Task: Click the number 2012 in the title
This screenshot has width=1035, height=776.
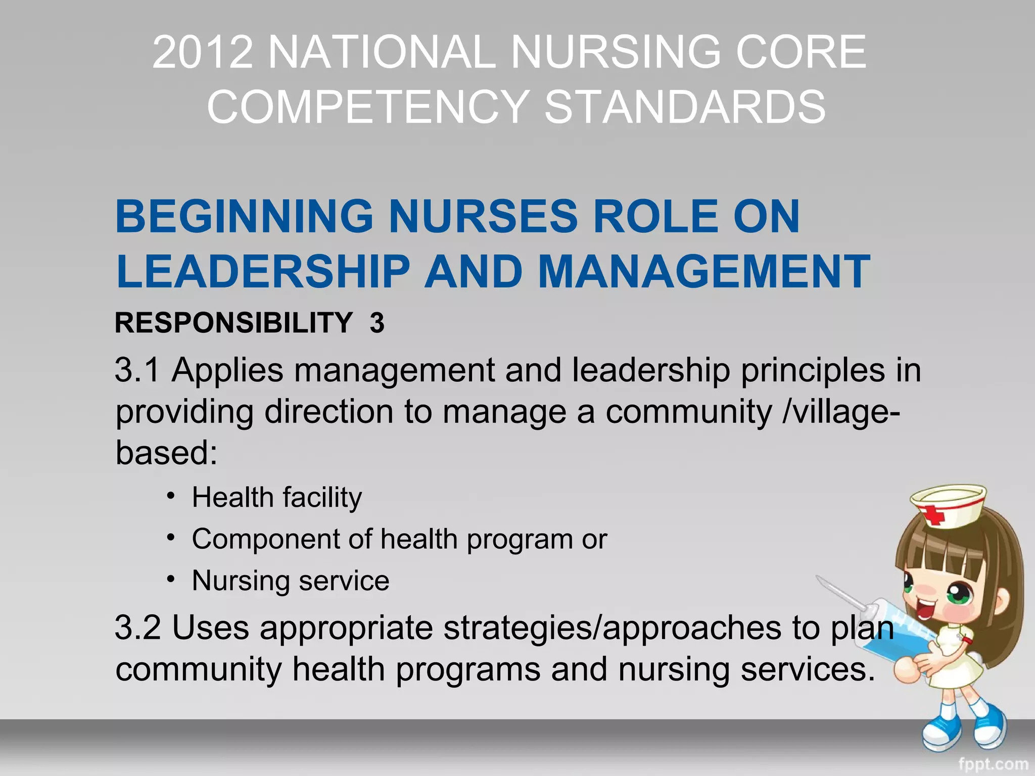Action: click(x=202, y=52)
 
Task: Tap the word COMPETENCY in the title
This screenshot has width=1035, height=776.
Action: click(x=368, y=107)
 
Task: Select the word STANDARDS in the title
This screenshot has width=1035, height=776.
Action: click(x=685, y=107)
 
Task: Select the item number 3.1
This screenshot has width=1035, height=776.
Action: click(x=137, y=370)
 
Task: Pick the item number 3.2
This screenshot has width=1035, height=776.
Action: click(x=137, y=627)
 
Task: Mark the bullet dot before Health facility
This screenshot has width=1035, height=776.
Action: click(x=171, y=495)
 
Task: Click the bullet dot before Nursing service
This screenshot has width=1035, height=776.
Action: click(x=171, y=578)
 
